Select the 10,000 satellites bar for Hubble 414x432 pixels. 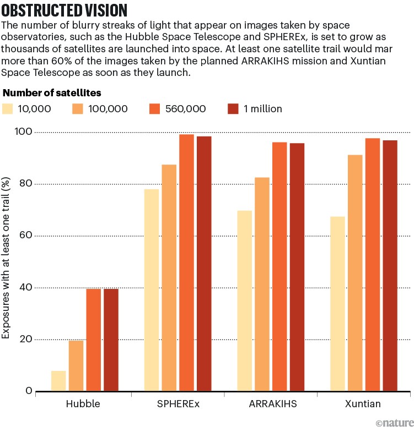click(58, 381)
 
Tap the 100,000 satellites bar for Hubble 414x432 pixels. click(76, 366)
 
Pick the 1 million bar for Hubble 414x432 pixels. click(111, 340)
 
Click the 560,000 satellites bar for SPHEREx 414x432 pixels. click(186, 263)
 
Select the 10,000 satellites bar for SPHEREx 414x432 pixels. click(152, 290)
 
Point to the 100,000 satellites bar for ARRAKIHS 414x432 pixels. click(262, 284)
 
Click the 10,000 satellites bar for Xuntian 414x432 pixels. click(337, 304)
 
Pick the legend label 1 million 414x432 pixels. click(262, 109)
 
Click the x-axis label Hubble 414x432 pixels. click(83, 403)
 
